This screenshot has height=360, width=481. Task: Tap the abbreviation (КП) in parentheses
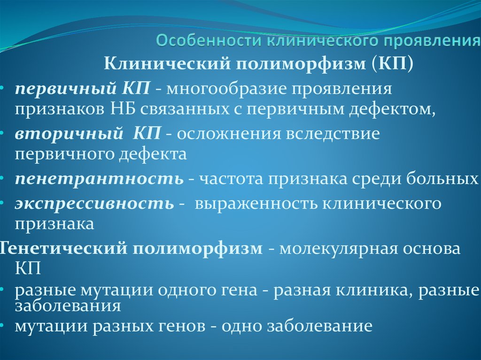pyautogui.click(x=392, y=63)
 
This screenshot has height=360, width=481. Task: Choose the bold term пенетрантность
pyautogui.click(x=99, y=179)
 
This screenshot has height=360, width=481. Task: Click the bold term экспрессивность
pyautogui.click(x=94, y=203)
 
